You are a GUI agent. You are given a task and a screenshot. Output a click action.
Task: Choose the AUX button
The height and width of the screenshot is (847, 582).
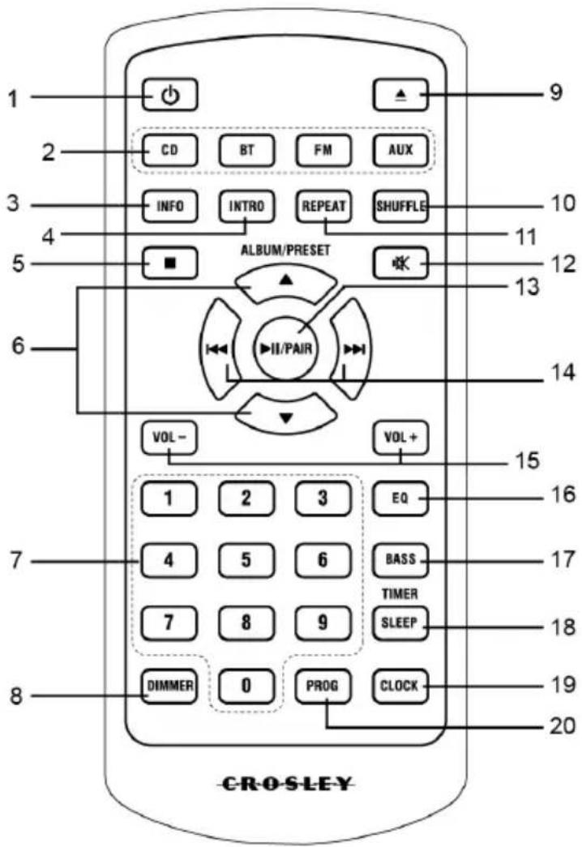tap(401, 152)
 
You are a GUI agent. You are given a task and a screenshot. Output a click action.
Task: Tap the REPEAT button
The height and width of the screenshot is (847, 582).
tap(323, 205)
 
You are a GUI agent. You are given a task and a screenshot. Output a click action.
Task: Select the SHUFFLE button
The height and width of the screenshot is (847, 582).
tap(401, 206)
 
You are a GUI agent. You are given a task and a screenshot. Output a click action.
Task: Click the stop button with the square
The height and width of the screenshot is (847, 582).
tap(169, 263)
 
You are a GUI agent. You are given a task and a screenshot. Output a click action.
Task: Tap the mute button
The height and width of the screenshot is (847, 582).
tap(401, 263)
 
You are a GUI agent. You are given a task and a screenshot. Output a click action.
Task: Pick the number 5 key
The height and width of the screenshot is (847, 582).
tap(246, 559)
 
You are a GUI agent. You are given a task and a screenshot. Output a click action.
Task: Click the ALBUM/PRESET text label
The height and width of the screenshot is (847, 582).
tap(285, 250)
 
